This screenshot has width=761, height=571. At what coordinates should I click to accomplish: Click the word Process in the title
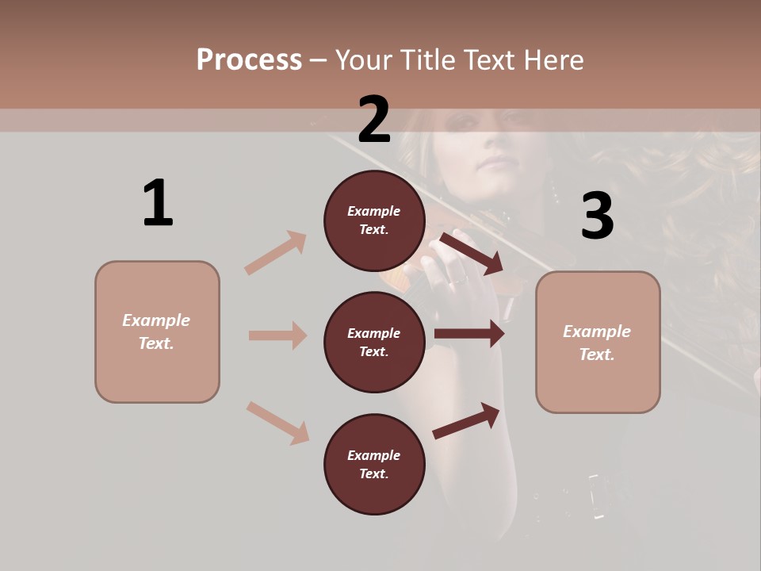pos(249,59)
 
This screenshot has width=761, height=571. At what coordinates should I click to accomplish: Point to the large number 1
pos(158,204)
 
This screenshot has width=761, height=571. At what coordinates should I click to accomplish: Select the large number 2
pos(374,120)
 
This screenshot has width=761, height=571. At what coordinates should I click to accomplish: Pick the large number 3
pos(597,217)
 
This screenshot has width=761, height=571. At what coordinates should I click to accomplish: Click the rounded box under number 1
pos(157,331)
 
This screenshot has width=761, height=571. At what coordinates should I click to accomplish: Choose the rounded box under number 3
pos(598,343)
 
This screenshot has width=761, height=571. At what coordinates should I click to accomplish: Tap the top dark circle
pos(374,220)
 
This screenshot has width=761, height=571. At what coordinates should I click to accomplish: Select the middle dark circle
pos(374,343)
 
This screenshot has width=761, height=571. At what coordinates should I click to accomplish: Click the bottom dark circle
pos(374,465)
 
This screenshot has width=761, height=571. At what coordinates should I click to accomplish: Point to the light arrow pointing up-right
pos(276,252)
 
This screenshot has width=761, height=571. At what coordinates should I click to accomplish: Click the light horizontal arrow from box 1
pos(277,335)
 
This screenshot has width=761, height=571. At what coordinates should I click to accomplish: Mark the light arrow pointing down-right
pos(277,423)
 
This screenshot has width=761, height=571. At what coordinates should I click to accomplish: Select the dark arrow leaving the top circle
pos(471,253)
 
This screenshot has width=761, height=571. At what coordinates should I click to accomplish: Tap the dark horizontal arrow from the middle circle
pos(469,334)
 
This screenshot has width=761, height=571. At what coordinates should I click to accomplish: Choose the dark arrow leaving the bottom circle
pos(466,420)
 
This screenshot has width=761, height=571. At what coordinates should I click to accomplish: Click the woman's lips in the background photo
pos(498,163)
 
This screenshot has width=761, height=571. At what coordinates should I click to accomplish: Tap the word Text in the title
pos(491,59)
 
